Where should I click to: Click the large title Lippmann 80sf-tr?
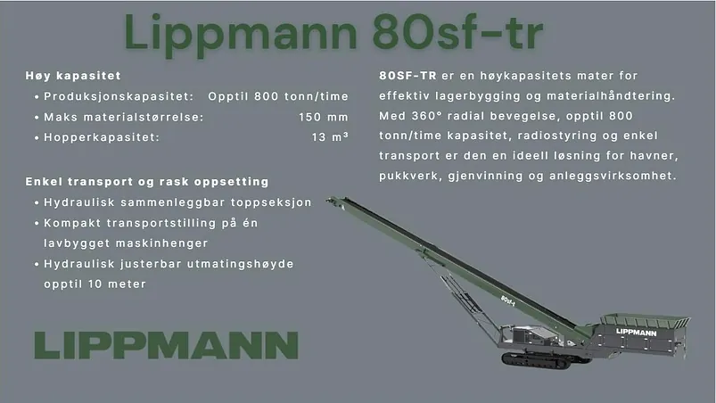pyautogui.click(x=333, y=33)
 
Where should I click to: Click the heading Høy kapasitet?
pyautogui.click(x=73, y=76)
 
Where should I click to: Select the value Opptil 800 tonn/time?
pyautogui.click(x=278, y=96)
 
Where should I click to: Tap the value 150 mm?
pyautogui.click(x=324, y=117)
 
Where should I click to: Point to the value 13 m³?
pyautogui.click(x=330, y=137)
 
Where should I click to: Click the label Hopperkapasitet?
pyautogui.click(x=102, y=137)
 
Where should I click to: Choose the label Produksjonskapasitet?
pyautogui.click(x=119, y=97)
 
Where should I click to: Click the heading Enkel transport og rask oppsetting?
pyautogui.click(x=147, y=182)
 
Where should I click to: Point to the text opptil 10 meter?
pyautogui.click(x=95, y=284)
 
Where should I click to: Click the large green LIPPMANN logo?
pyautogui.click(x=167, y=345)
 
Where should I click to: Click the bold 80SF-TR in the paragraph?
pyautogui.click(x=407, y=76)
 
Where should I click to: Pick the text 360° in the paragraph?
pyautogui.click(x=427, y=116)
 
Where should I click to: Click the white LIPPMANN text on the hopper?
pyautogui.click(x=636, y=333)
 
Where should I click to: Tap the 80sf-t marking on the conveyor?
pyautogui.click(x=507, y=300)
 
